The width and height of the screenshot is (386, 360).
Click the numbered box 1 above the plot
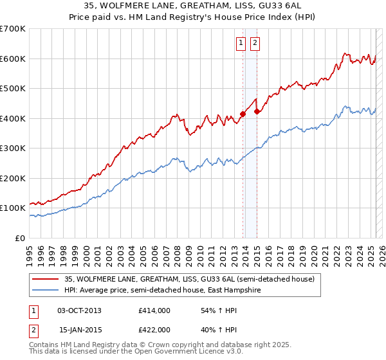[x=241, y=44]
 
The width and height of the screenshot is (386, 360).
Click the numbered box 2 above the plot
[x=255, y=44]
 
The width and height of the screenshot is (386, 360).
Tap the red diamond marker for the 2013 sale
[x=243, y=114]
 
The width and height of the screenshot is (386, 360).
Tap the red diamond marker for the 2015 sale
[x=257, y=112]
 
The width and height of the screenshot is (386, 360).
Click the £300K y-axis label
[x=13, y=148]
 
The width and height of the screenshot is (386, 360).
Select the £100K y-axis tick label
[x=13, y=208]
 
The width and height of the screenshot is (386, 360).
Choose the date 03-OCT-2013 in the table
[x=79, y=310]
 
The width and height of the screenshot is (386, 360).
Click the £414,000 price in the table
[x=154, y=310]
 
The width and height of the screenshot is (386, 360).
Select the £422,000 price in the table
[x=154, y=329]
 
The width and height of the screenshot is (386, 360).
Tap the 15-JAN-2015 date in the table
[x=79, y=329]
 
